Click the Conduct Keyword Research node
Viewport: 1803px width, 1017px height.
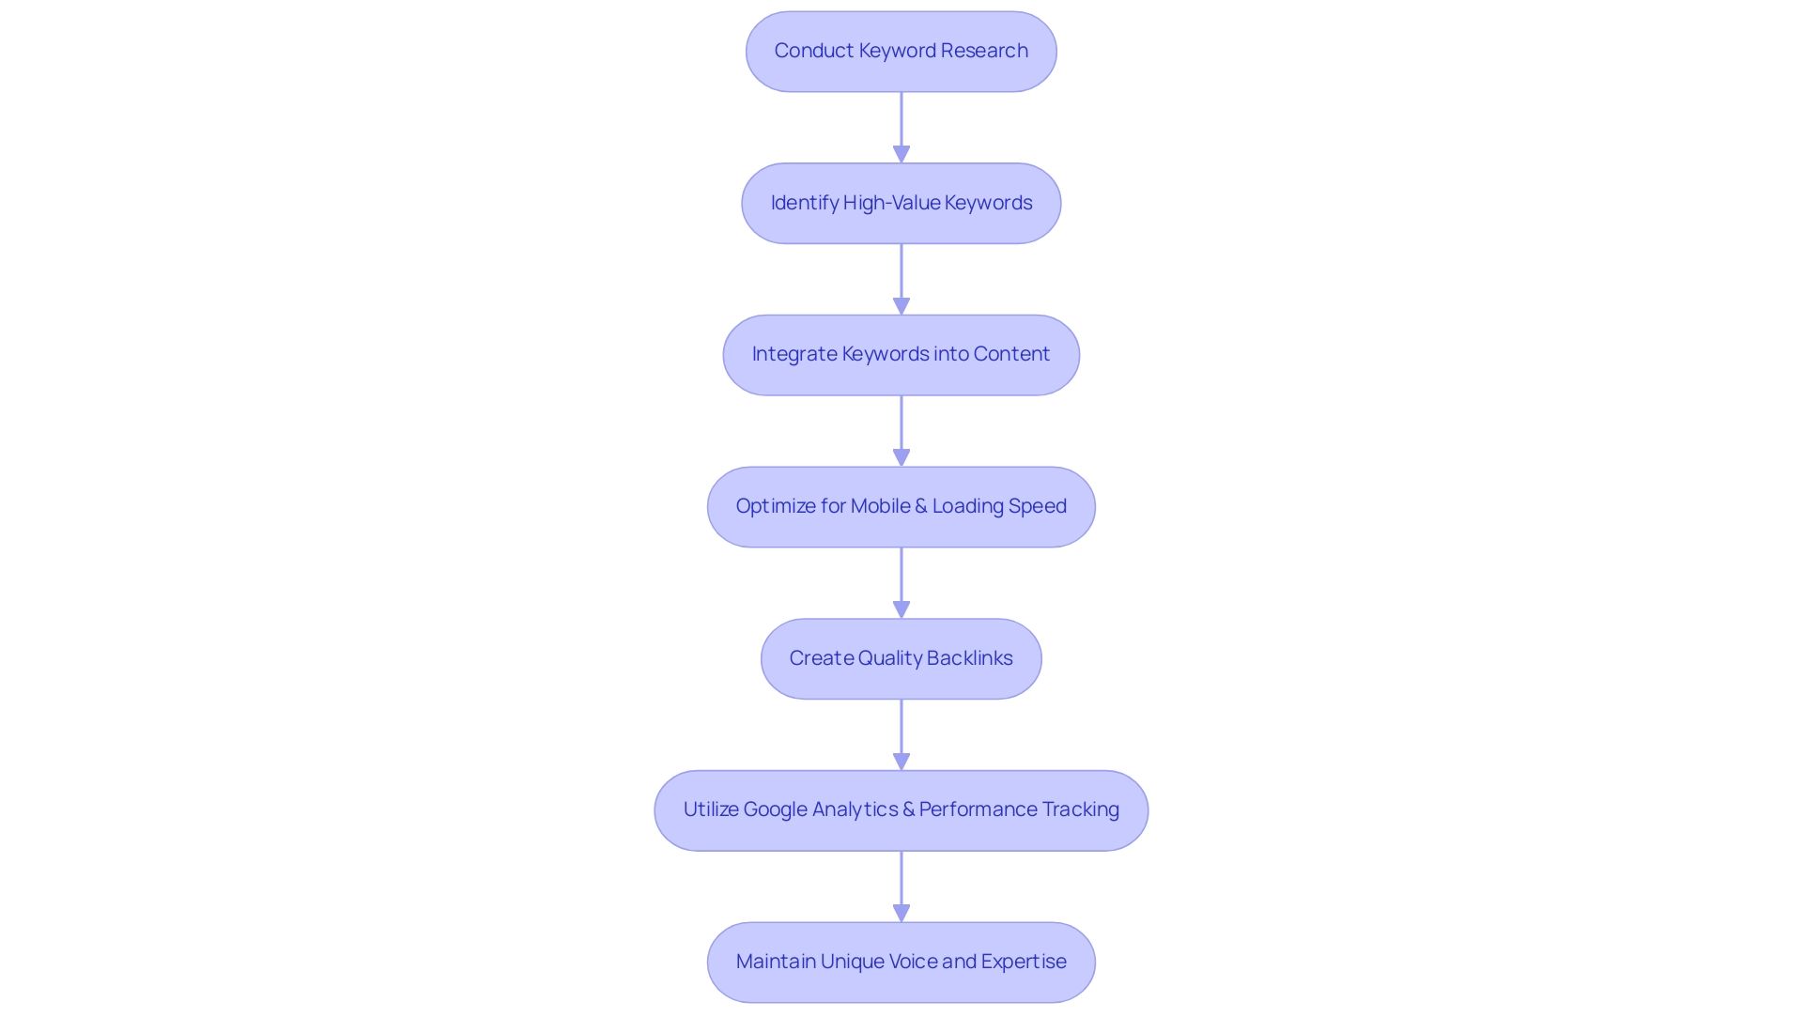[901, 52]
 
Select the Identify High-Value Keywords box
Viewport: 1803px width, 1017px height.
[901, 203]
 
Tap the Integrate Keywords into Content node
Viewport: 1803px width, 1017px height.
[901, 355]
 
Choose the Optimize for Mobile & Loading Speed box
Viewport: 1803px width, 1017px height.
[901, 507]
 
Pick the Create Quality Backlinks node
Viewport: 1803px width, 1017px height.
[901, 658]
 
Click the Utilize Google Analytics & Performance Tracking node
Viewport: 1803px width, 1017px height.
[901, 810]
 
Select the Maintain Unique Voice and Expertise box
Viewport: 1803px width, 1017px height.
[901, 962]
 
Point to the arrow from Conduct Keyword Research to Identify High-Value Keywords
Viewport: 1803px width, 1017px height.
[901, 127]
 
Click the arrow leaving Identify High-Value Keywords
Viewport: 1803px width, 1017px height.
[901, 279]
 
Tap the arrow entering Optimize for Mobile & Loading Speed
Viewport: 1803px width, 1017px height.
[901, 430]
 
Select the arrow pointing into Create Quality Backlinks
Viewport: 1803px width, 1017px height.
[901, 582]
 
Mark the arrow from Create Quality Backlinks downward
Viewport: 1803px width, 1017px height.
[901, 734]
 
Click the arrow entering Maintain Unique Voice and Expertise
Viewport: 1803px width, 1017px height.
[901, 886]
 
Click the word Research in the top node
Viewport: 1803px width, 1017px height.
[984, 51]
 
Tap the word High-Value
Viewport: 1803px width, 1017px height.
[891, 203]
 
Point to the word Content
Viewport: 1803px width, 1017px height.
[1011, 354]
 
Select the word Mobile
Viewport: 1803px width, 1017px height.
[880, 506]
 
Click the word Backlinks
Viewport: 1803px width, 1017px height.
[969, 658]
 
